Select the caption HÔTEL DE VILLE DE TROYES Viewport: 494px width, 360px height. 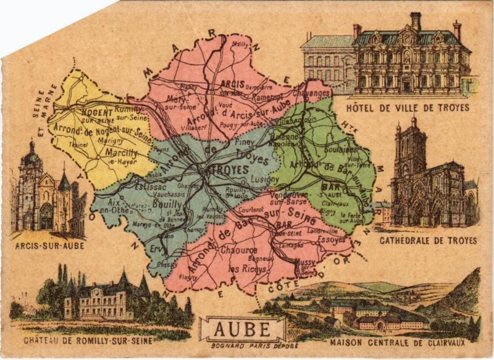pyautogui.click(x=408, y=108)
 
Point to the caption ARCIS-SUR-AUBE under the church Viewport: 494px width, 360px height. pyautogui.click(x=50, y=245)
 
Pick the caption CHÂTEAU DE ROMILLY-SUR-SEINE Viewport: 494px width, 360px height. pyautogui.click(x=97, y=340)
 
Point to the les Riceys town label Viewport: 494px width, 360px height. pyautogui.click(x=248, y=270)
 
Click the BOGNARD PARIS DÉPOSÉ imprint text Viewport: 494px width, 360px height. pyautogui.click(x=245, y=346)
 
